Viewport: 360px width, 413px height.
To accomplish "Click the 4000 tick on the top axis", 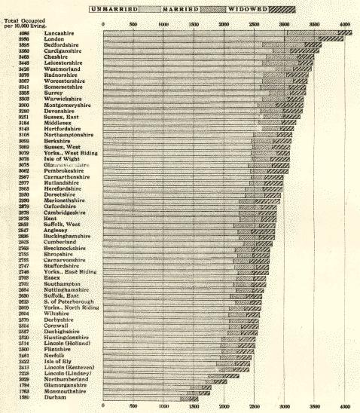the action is point(345,23).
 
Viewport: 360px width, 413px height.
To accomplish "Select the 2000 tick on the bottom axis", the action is point(224,407).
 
